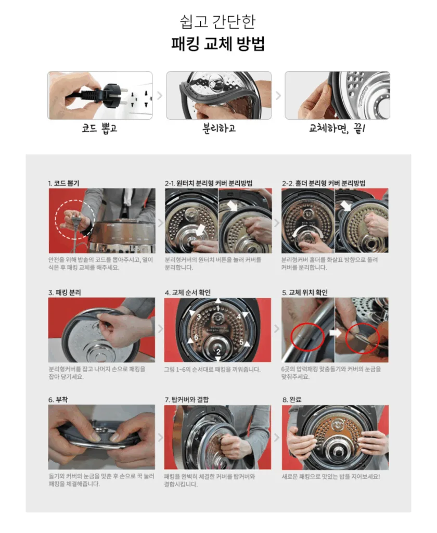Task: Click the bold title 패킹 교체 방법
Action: pos(218,44)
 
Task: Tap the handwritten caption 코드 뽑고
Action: pos(99,129)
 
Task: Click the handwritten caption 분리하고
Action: pos(219,128)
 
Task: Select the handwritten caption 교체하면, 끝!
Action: pos(337,128)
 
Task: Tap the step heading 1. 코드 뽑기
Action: pos(64,183)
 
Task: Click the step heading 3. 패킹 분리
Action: pos(65,293)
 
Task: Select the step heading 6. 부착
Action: pos(58,400)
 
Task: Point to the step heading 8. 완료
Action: pos(292,400)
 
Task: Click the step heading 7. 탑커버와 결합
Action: pos(187,400)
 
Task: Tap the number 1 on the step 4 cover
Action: pos(218,309)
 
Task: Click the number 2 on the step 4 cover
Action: pos(218,352)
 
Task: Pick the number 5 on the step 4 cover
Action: pos(241,342)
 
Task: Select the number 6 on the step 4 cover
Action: pos(196,337)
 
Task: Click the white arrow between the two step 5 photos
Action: pos(336,333)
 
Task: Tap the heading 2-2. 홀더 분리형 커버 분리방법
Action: pos(324,183)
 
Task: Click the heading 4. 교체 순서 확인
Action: pos(188,293)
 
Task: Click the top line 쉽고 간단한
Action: pos(218,22)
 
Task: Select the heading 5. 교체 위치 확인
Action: pos(305,293)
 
